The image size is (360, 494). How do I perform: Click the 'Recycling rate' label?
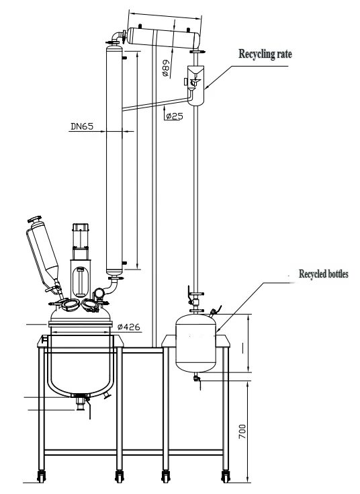[265, 54]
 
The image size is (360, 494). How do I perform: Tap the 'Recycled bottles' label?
[324, 274]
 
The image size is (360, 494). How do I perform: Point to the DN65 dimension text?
[82, 126]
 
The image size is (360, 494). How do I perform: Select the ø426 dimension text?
[128, 327]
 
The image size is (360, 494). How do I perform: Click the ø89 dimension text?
[166, 68]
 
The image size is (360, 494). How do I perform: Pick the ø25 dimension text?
[175, 116]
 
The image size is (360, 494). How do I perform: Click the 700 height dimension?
[242, 431]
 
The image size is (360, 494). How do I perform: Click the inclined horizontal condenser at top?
[163, 38]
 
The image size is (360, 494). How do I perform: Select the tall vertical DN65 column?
[114, 161]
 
